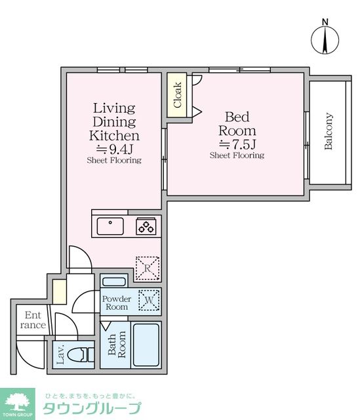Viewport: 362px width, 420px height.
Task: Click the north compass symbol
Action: pyautogui.click(x=325, y=37)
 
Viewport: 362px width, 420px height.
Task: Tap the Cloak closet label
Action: pyautogui.click(x=177, y=94)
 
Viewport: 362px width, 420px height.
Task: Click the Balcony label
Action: pyautogui.click(x=329, y=131)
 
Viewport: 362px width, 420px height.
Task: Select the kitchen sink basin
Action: pyautogui.click(x=110, y=226)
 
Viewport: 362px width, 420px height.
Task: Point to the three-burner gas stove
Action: pyautogui.click(x=146, y=226)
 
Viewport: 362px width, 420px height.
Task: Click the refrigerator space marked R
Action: pyautogui.click(x=148, y=268)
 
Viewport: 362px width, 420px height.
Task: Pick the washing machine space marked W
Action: pyautogui.click(x=149, y=300)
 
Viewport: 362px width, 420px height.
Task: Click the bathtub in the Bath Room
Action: pyautogui.click(x=146, y=345)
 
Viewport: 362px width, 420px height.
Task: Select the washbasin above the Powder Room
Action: pyautogui.click(x=114, y=282)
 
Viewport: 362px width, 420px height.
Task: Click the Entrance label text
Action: pyautogui.click(x=33, y=320)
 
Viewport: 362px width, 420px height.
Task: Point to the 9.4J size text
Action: pyautogui.click(x=114, y=149)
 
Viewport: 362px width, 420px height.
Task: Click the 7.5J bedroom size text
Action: pyautogui.click(x=237, y=144)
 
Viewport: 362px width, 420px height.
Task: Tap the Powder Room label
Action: pyautogui.click(x=117, y=303)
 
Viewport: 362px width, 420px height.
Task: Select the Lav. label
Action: pyautogui.click(x=60, y=354)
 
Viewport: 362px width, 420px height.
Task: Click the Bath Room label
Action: pyautogui.click(x=117, y=344)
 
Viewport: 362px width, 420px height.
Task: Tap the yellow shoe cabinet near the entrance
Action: pyautogui.click(x=59, y=291)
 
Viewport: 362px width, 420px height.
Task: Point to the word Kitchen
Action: pyautogui.click(x=114, y=136)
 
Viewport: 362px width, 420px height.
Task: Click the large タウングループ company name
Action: pyautogui.click(x=92, y=408)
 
